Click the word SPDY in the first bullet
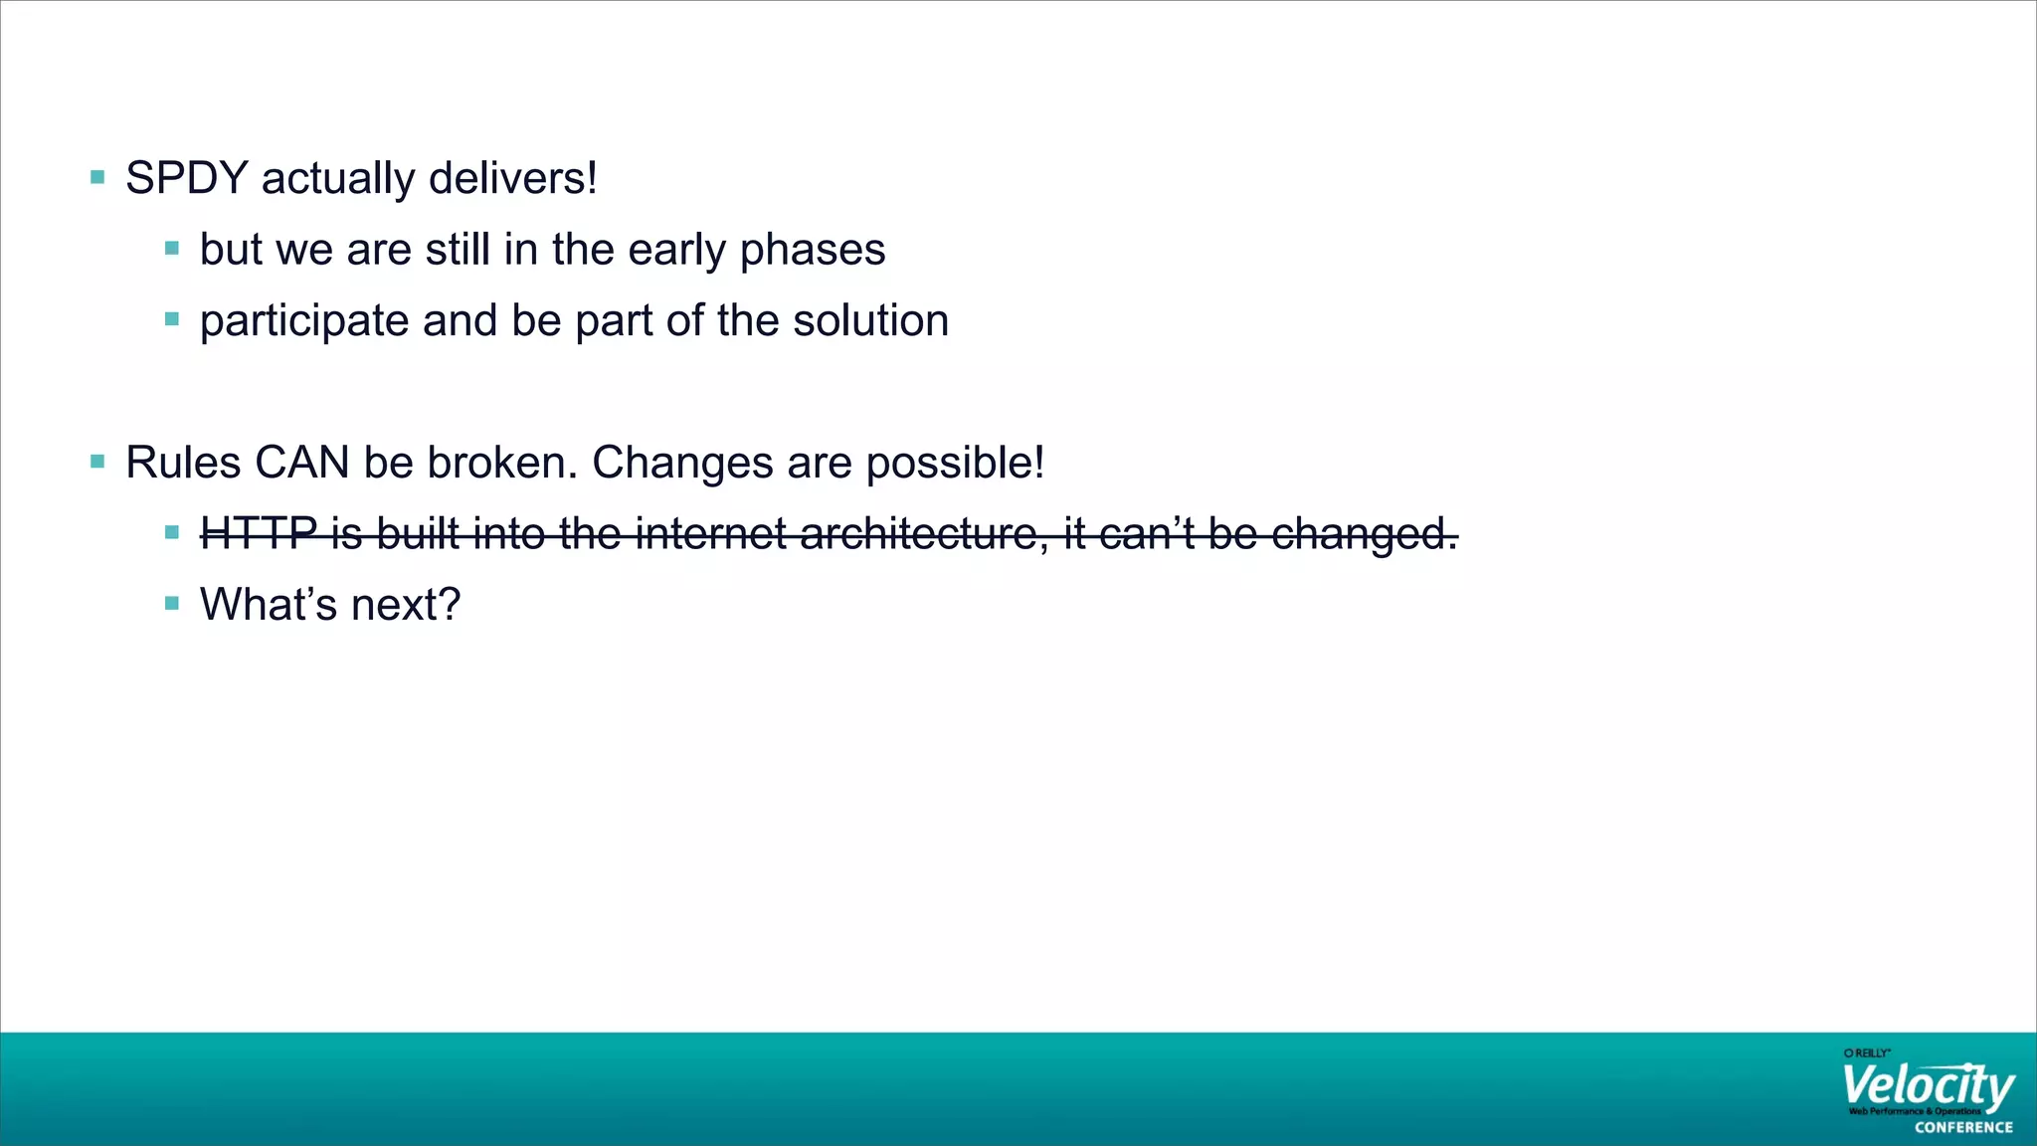coord(186,179)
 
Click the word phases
coord(813,250)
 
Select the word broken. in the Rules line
coord(502,463)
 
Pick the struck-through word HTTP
coord(259,534)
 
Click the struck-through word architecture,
coord(924,534)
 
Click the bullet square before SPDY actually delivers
coord(97,178)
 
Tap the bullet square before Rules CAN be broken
coord(97,462)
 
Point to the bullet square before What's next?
coord(172,603)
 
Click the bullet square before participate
coord(172,319)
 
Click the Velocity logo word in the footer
coord(1927,1087)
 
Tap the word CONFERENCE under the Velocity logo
coord(1963,1127)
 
